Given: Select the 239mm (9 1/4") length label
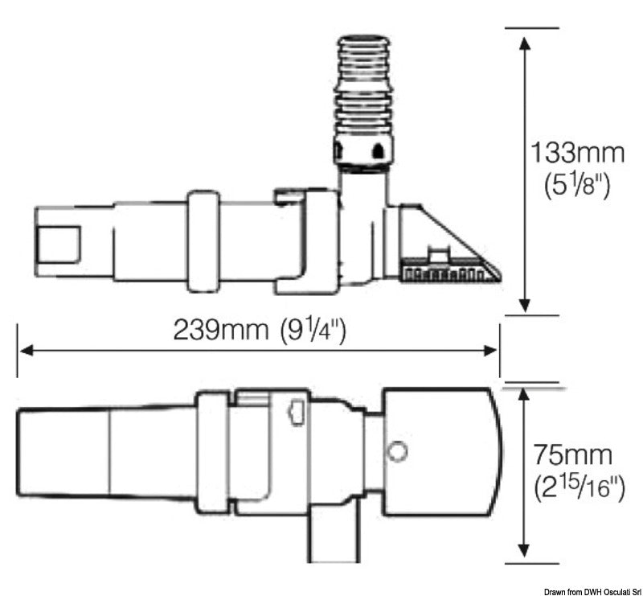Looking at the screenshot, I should tap(260, 330).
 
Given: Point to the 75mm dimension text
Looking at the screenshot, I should tap(572, 455).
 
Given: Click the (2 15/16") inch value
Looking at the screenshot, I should tap(578, 487).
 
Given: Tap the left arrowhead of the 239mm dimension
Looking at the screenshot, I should tap(26, 350).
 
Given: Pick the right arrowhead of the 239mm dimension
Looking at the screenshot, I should tap(491, 350).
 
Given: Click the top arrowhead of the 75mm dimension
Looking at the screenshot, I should tap(525, 395).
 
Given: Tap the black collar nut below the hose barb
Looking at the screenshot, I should tap(363, 150).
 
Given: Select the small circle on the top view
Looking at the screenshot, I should tap(396, 452).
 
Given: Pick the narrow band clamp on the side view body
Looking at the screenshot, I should tap(203, 240).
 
